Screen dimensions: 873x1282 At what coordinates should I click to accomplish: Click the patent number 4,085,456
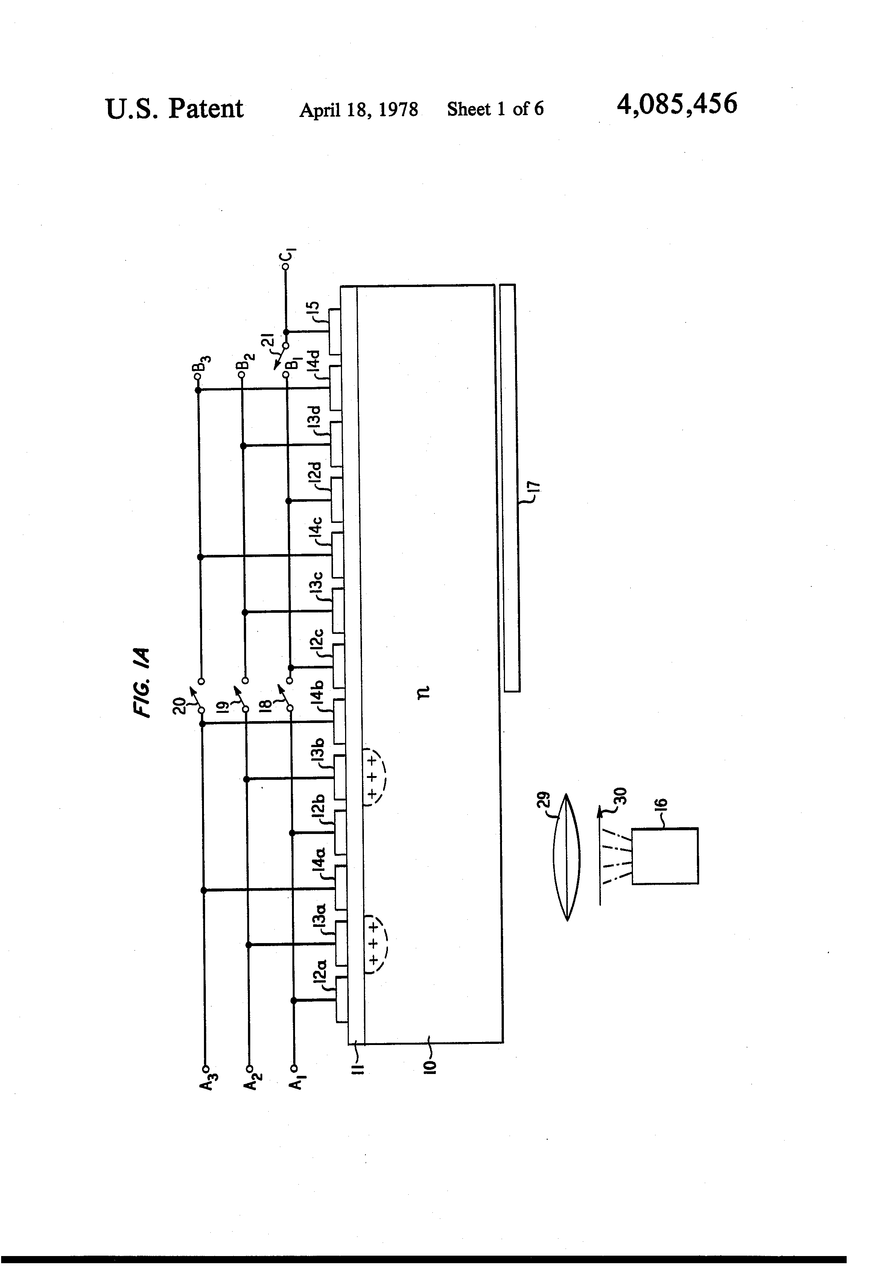pos(677,104)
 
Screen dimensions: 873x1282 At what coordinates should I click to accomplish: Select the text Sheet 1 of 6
pos(495,109)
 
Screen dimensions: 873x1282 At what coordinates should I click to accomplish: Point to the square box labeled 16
pos(665,855)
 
